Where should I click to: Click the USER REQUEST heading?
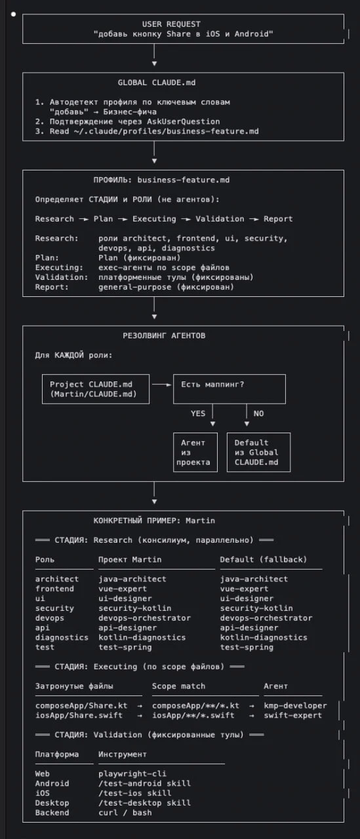point(171,24)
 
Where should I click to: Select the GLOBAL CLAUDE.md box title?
point(157,83)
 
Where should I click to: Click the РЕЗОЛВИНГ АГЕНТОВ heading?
point(164,336)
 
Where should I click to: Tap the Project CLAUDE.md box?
point(96,389)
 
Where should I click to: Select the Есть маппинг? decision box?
point(230,389)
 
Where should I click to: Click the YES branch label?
point(198,414)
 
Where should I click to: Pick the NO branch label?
point(258,414)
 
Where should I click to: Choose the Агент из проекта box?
point(195,452)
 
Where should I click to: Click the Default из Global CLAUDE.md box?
point(258,452)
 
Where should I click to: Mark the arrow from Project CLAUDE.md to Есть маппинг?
point(162,385)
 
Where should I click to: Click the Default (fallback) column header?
point(264,560)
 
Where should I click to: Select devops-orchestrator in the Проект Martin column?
point(145,618)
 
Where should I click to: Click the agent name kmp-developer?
point(295,706)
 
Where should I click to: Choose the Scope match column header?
point(179,686)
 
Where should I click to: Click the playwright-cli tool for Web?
point(132,774)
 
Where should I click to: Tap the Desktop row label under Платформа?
point(52,803)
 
